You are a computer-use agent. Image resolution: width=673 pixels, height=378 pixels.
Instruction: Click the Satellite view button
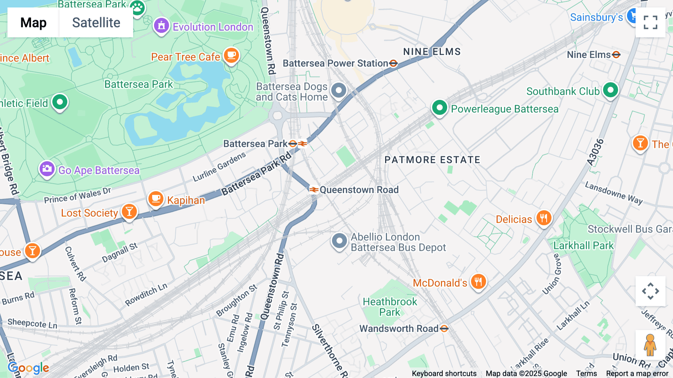96,22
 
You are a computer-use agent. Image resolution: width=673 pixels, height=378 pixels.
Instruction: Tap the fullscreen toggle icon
650,22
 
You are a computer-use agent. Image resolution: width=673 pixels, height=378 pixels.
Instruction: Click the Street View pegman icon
650,345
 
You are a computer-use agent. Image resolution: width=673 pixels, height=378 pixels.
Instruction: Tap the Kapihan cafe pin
156,199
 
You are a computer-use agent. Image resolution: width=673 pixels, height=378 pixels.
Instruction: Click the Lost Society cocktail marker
129,212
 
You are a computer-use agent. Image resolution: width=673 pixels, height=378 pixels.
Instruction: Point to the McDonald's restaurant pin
478,281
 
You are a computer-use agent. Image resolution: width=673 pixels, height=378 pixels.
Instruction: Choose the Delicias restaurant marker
544,218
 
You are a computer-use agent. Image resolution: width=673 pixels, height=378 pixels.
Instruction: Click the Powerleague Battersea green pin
440,108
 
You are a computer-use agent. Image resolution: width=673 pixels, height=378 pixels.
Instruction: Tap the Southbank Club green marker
611,90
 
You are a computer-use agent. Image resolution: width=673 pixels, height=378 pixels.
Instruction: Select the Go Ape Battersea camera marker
47,169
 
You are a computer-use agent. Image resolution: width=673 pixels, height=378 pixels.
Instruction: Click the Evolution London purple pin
162,26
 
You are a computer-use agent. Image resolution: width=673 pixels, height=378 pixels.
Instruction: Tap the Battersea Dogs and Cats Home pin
339,91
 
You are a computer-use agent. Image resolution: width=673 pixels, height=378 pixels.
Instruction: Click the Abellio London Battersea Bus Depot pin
339,241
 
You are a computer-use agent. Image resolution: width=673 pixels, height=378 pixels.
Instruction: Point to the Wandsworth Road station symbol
444,329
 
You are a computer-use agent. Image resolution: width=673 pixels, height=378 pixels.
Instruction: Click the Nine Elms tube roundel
616,55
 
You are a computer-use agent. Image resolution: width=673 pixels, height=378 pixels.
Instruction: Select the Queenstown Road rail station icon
314,190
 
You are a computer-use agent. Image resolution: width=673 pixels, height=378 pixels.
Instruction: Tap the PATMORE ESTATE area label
432,160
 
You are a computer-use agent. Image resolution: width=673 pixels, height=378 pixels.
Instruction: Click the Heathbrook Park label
390,307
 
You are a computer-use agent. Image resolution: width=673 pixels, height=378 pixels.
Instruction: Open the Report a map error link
637,374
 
